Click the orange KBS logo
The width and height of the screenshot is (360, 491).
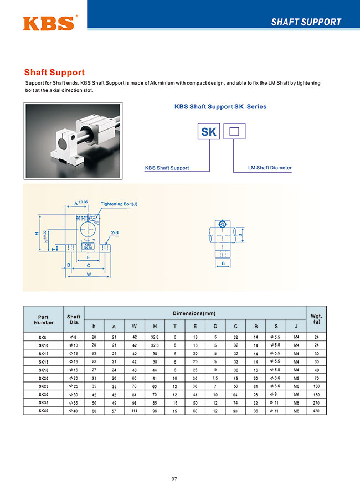coord(49,22)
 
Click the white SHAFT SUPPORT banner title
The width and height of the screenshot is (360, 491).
coord(306,22)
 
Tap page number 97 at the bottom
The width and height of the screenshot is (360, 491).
coord(174,479)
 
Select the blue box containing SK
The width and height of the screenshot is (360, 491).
coord(209,132)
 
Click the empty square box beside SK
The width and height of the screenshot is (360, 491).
coord(234,132)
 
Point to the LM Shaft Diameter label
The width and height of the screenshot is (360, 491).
coord(270,168)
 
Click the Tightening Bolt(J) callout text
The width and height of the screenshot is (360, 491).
coord(119,204)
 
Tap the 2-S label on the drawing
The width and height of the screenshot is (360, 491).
coord(115,233)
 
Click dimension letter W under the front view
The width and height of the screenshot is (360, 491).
coord(89,273)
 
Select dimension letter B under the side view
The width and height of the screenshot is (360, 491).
coord(223,264)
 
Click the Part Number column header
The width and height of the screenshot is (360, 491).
coord(44,319)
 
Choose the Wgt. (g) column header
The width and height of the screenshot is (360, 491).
coord(316,319)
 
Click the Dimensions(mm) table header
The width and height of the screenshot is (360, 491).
coord(194,313)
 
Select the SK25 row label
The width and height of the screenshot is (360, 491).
coord(43,386)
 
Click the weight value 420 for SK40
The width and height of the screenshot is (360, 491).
coord(316,411)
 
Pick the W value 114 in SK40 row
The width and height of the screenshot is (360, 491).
coord(134,411)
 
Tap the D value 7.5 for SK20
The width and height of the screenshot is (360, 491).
coord(215,378)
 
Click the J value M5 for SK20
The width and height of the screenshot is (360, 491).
coord(296,378)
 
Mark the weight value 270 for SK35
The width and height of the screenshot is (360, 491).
coord(316,402)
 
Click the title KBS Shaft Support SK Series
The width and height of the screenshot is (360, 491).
coord(220,106)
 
